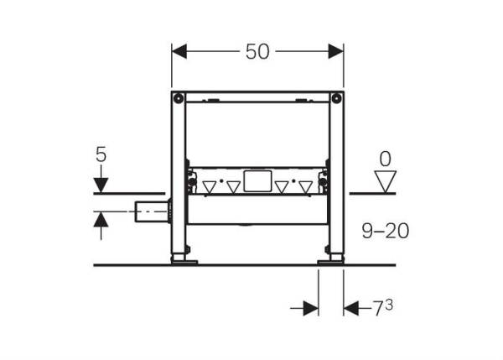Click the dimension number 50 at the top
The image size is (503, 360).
pyautogui.click(x=257, y=52)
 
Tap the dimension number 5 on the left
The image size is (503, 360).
pyautogui.click(x=101, y=154)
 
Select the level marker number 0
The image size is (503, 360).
pyautogui.click(x=386, y=159)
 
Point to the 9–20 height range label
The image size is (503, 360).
pyautogui.click(x=386, y=231)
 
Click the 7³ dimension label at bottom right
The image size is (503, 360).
pyautogui.click(x=382, y=308)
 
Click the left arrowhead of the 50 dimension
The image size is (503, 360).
pyautogui.click(x=179, y=51)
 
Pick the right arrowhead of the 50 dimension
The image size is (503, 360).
pyautogui.click(x=336, y=51)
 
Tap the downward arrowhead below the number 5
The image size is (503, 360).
pyautogui.click(x=101, y=185)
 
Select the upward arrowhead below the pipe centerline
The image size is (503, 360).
pyautogui.click(x=101, y=219)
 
